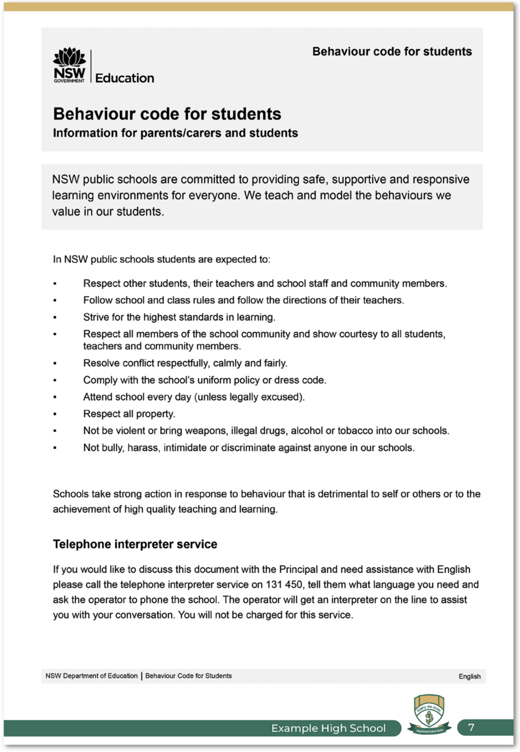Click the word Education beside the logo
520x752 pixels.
pyautogui.click(x=124, y=78)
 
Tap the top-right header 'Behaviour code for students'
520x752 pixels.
pyautogui.click(x=392, y=52)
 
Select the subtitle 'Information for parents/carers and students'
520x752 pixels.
pyautogui.click(x=175, y=133)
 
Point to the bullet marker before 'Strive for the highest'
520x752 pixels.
pyautogui.click(x=55, y=317)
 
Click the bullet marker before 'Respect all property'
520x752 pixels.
pyautogui.click(x=55, y=414)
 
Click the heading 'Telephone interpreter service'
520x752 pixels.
pyautogui.click(x=135, y=544)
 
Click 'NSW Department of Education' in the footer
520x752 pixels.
pyautogui.click(x=91, y=676)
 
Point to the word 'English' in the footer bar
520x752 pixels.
pyautogui.click(x=469, y=676)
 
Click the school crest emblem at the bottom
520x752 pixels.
pyautogui.click(x=429, y=714)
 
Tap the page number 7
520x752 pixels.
pyautogui.click(x=471, y=728)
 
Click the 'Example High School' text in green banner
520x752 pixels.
pyautogui.click(x=329, y=728)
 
